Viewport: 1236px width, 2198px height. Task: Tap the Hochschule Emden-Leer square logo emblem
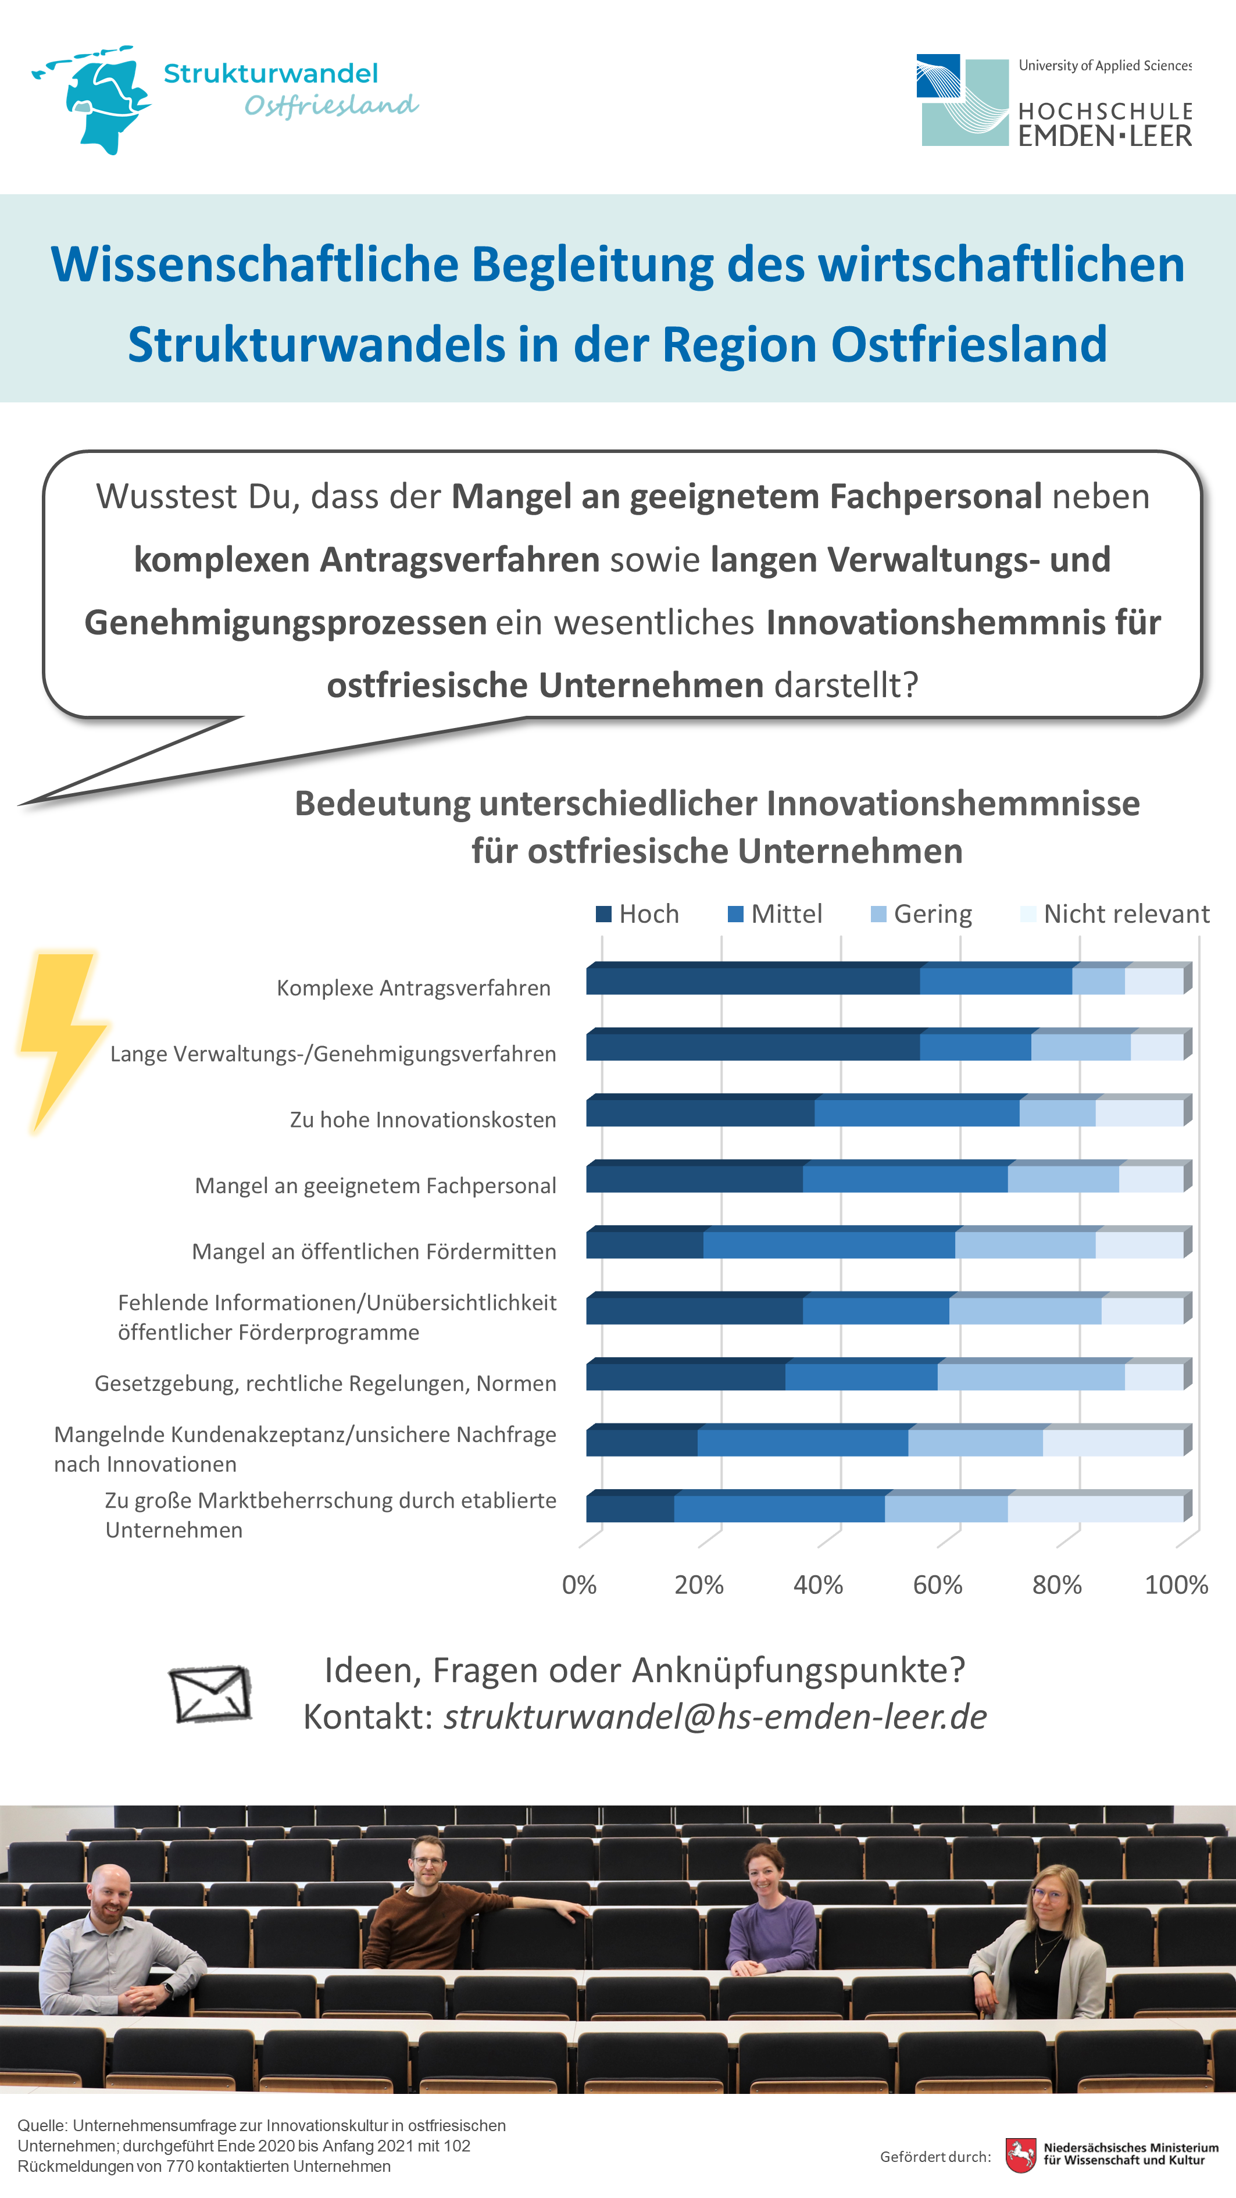click(962, 100)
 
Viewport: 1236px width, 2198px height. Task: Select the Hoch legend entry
click(637, 914)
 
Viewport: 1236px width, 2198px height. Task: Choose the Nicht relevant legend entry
click(1115, 914)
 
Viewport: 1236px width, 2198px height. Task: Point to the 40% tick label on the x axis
click(818, 1585)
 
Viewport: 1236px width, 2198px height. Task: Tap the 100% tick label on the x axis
click(1176, 1585)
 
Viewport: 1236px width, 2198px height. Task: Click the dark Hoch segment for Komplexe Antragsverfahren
click(753, 979)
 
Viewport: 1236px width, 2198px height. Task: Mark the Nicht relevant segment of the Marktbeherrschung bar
click(1096, 1506)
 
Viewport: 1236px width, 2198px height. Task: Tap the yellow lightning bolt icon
click(62, 1042)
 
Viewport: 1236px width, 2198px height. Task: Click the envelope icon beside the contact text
click(210, 1694)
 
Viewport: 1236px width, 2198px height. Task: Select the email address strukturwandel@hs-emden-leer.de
click(715, 1717)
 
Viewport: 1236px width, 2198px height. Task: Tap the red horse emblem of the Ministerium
click(1021, 2156)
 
